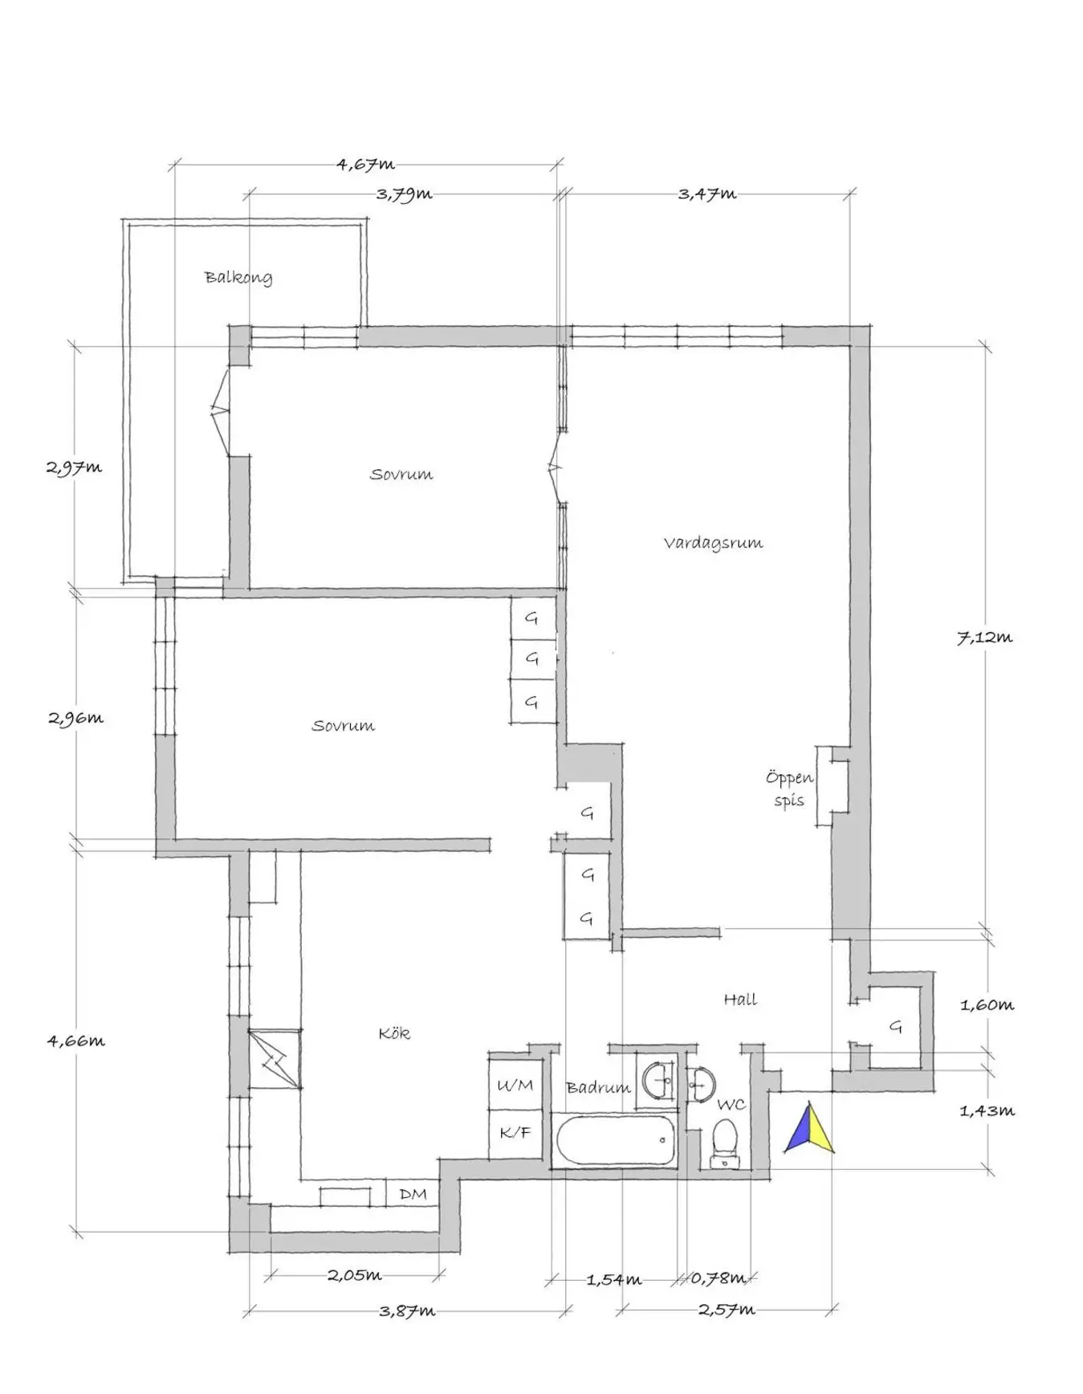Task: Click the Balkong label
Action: tap(238, 278)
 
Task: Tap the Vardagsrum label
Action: tap(713, 543)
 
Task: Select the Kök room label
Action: tap(394, 1033)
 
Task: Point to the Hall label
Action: tap(740, 999)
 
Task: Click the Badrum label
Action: tap(598, 1087)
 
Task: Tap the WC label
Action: tap(731, 1105)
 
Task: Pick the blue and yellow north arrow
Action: tap(808, 1127)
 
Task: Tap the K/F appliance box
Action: tap(515, 1134)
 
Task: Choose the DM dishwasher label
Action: tap(413, 1194)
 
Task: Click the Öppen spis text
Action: tap(789, 789)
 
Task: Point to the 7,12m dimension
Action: tap(984, 638)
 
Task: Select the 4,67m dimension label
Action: tap(365, 165)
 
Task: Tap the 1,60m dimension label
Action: tap(987, 1005)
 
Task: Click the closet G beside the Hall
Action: tap(896, 1026)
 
